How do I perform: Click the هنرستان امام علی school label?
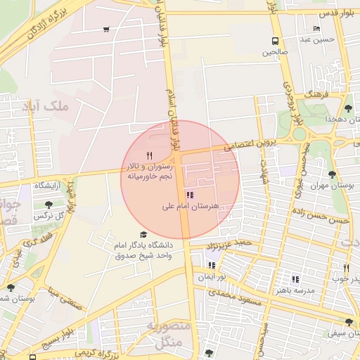[191, 206]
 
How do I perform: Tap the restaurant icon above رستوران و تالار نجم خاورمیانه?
[148, 156]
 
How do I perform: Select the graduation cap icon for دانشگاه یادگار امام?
[143, 235]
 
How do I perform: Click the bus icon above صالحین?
[274, 41]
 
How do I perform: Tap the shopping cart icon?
[105, 30]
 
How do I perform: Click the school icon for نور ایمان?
[212, 266]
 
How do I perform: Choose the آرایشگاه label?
[44, 186]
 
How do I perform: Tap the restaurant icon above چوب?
[346, 268]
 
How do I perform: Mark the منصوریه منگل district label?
[166, 335]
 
